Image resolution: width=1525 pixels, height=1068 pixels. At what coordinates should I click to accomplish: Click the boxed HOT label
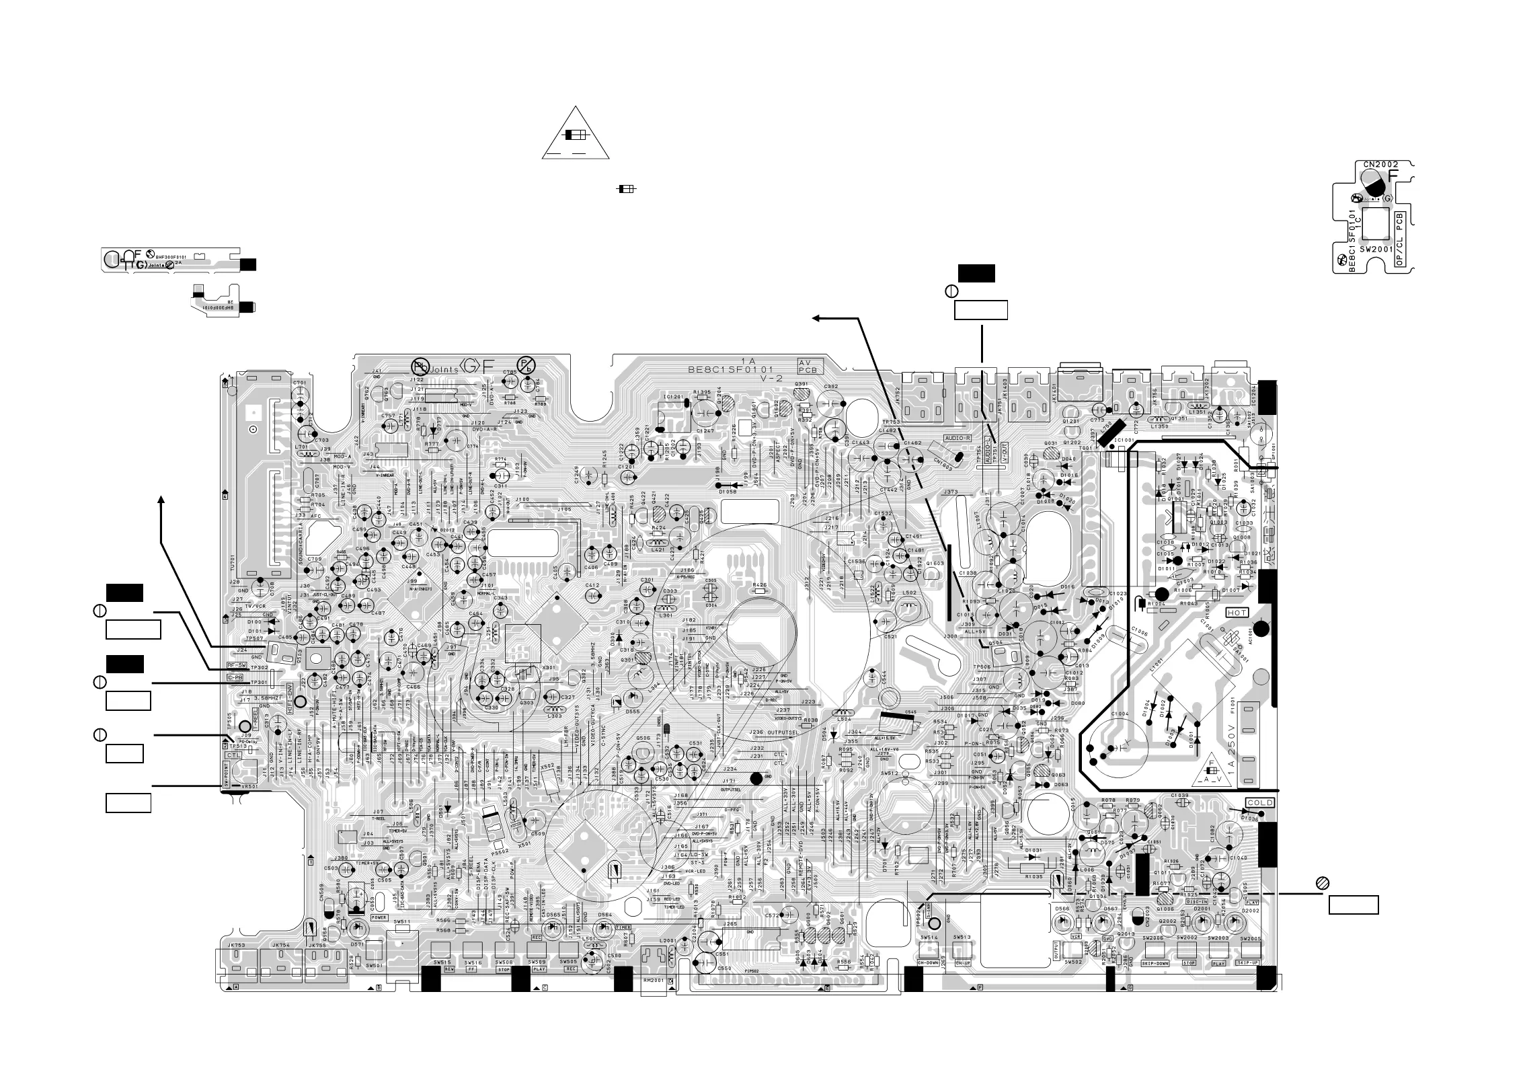click(1237, 613)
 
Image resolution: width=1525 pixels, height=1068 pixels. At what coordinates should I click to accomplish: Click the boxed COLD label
click(1259, 803)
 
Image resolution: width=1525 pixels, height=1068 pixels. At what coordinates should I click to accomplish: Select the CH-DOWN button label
click(928, 963)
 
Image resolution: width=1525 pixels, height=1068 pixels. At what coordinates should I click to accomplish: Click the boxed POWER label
click(379, 917)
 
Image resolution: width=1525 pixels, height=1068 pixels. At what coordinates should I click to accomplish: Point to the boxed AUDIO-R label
click(957, 438)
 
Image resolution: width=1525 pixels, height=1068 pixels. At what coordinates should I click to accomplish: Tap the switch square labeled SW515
click(441, 949)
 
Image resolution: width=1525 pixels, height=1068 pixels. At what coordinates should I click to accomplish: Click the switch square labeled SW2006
click(1155, 950)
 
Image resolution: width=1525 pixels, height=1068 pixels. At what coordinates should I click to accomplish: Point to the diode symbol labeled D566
click(1062, 921)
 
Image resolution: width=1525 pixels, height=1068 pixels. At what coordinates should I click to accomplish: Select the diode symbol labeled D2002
click(1235, 921)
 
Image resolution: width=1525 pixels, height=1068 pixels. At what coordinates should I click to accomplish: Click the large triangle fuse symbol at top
click(576, 135)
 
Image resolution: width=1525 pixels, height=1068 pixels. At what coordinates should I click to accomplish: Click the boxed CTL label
click(233, 755)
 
